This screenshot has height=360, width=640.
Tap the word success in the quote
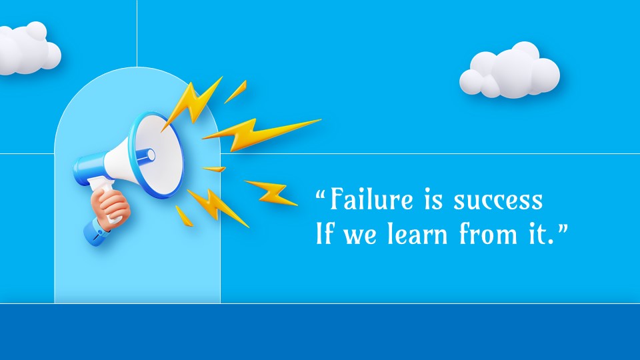click(498, 201)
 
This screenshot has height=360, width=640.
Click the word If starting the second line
click(324, 233)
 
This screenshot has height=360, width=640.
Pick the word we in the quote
click(359, 237)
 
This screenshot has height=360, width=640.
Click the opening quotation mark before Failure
click(321, 193)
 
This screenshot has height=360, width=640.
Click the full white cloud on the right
click(509, 71)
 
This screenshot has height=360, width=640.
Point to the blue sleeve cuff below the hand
click(96, 232)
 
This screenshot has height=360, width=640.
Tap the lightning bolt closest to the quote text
click(271, 192)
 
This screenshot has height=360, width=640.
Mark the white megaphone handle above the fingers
click(103, 186)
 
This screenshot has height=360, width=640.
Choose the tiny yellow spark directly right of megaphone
click(214, 169)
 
